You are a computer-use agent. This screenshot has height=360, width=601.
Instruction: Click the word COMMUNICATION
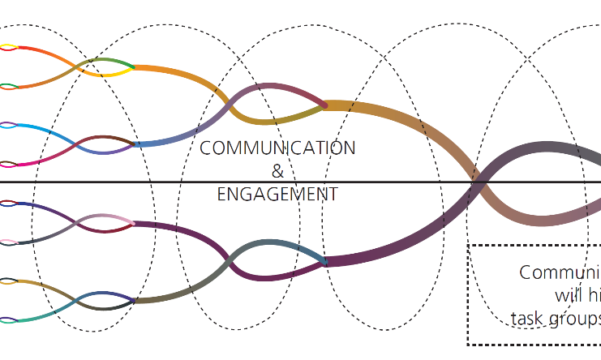click(277, 148)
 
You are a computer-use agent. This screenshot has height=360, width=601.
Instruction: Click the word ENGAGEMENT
click(277, 195)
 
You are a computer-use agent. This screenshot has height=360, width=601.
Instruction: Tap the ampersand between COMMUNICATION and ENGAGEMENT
click(277, 171)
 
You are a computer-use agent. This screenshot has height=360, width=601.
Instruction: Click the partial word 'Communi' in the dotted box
click(560, 272)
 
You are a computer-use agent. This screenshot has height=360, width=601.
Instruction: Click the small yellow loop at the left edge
click(7, 48)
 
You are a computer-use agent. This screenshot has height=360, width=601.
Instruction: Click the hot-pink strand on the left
click(41, 161)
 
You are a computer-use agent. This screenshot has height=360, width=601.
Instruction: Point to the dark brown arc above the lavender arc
click(105, 139)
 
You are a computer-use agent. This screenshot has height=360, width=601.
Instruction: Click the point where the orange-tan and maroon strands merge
click(324, 105)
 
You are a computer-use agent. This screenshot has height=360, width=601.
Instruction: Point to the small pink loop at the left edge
click(7, 242)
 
